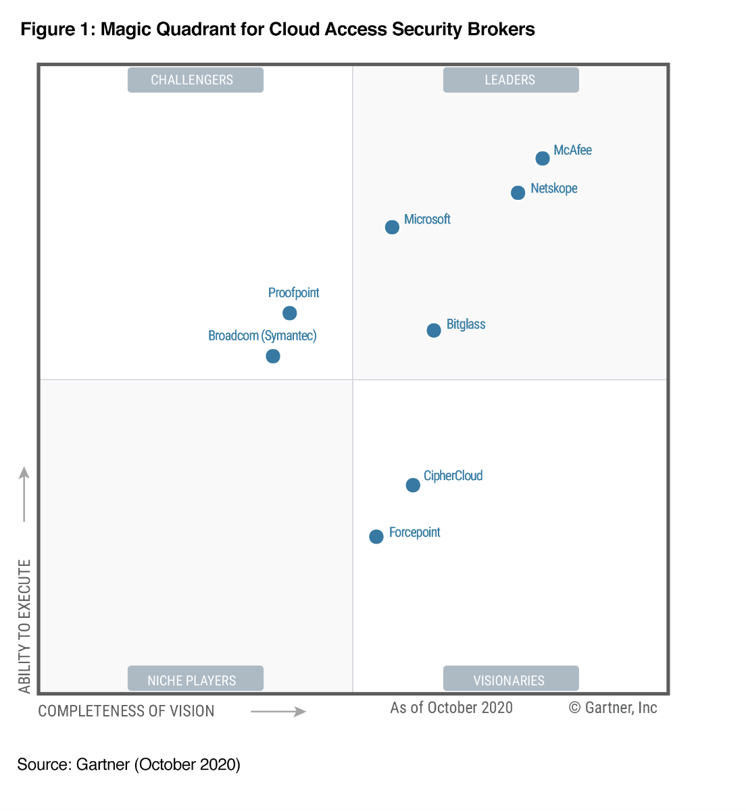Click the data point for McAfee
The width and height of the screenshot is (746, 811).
click(543, 159)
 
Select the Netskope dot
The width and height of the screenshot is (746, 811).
click(518, 193)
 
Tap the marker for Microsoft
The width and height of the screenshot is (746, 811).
click(392, 228)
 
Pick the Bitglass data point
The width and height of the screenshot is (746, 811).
click(434, 330)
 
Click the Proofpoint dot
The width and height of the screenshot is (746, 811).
click(289, 313)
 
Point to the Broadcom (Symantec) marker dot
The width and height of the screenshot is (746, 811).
click(273, 356)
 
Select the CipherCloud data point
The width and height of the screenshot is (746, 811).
click(413, 486)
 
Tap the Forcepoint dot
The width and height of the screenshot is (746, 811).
click(376, 537)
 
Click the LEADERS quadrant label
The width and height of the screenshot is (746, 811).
click(510, 80)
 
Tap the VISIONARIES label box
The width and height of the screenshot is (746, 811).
click(510, 679)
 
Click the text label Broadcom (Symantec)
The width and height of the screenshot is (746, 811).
click(262, 336)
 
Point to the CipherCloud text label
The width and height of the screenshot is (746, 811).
click(453, 476)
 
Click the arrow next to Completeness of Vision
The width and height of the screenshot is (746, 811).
click(278, 712)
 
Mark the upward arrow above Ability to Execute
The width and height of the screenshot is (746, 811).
click(24, 494)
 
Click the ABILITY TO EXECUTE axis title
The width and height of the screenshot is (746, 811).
click(25, 626)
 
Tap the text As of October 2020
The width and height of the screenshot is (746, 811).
click(451, 708)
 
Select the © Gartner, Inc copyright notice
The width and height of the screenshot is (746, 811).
click(613, 708)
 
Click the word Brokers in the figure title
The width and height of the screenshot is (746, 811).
click(502, 30)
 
